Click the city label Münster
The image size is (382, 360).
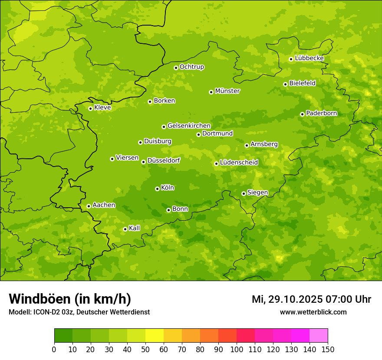227,91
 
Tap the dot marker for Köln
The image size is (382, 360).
157,189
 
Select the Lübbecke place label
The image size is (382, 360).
309,58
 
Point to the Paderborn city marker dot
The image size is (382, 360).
302,114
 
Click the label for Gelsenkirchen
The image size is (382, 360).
189,126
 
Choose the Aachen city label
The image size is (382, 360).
104,205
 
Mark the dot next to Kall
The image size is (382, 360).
125,229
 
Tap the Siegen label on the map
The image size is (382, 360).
257,193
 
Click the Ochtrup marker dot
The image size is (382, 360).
176,68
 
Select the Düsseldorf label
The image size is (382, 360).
164,160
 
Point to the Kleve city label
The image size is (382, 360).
102,108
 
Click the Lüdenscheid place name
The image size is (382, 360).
239,163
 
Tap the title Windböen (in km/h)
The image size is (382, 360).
70,299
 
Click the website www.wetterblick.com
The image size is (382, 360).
313,312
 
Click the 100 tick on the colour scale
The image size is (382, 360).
237,349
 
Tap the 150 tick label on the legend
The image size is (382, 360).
328,349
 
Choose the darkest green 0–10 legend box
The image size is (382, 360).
63,336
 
